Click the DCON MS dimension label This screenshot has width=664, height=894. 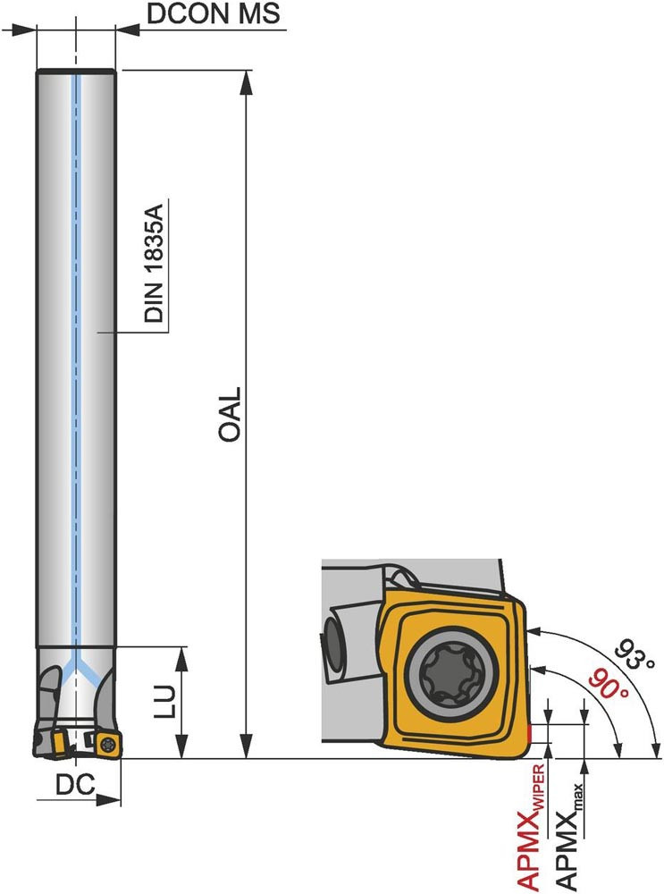pyautogui.click(x=214, y=13)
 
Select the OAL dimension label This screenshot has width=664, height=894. pyautogui.click(x=231, y=415)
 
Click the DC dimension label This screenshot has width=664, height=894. pyautogui.click(x=75, y=786)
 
